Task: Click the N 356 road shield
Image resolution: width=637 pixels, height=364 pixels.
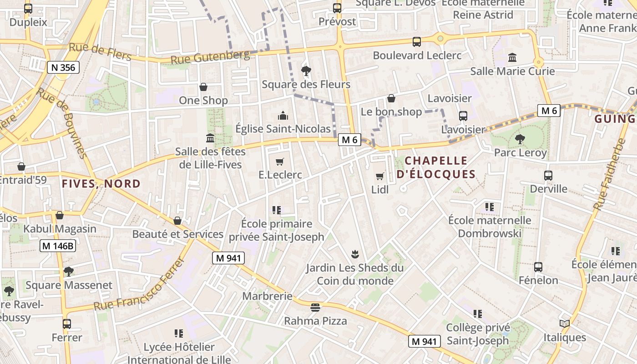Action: [63, 68]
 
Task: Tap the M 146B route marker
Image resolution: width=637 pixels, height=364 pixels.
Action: [58, 246]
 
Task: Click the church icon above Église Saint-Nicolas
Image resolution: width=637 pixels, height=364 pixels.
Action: [283, 116]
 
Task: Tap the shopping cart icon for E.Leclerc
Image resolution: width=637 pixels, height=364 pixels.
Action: [280, 162]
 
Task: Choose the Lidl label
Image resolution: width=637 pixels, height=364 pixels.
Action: [380, 189]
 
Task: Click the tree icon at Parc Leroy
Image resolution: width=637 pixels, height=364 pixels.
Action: [520, 139]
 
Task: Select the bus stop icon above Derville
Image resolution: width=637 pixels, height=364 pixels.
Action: [548, 176]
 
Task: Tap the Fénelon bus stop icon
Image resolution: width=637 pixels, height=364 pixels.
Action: [538, 267]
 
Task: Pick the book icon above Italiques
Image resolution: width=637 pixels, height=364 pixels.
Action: [565, 324]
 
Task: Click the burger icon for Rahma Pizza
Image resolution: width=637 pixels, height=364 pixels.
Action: [315, 308]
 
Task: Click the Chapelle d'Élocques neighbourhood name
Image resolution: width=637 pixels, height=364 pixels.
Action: [436, 167]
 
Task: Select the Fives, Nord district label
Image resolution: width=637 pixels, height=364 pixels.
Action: [101, 184]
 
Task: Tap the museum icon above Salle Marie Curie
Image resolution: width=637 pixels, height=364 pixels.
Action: [512, 58]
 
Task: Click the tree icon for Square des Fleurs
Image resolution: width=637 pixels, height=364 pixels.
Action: [306, 71]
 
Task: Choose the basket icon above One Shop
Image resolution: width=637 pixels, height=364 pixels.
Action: [203, 86]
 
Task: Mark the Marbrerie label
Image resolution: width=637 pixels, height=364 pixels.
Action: [267, 296]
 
